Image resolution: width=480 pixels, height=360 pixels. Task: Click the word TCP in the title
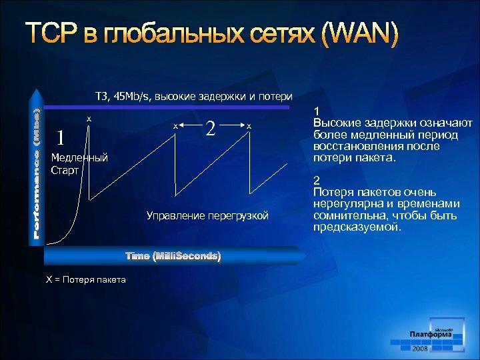pyautogui.click(x=54, y=35)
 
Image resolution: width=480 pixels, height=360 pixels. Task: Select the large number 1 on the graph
pyautogui.click(x=61, y=138)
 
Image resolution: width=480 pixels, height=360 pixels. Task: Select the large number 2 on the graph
pyautogui.click(x=211, y=127)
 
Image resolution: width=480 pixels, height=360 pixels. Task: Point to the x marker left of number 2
pyautogui.click(x=175, y=126)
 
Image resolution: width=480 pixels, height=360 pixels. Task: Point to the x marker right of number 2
pyautogui.click(x=249, y=126)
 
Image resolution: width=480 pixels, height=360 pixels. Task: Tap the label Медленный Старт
pyautogui.click(x=79, y=164)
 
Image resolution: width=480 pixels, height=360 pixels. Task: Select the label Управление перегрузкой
pyautogui.click(x=207, y=215)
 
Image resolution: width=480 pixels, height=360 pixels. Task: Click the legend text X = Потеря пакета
pyautogui.click(x=85, y=279)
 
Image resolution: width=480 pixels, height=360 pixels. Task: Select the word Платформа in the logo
pyautogui.click(x=431, y=333)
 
